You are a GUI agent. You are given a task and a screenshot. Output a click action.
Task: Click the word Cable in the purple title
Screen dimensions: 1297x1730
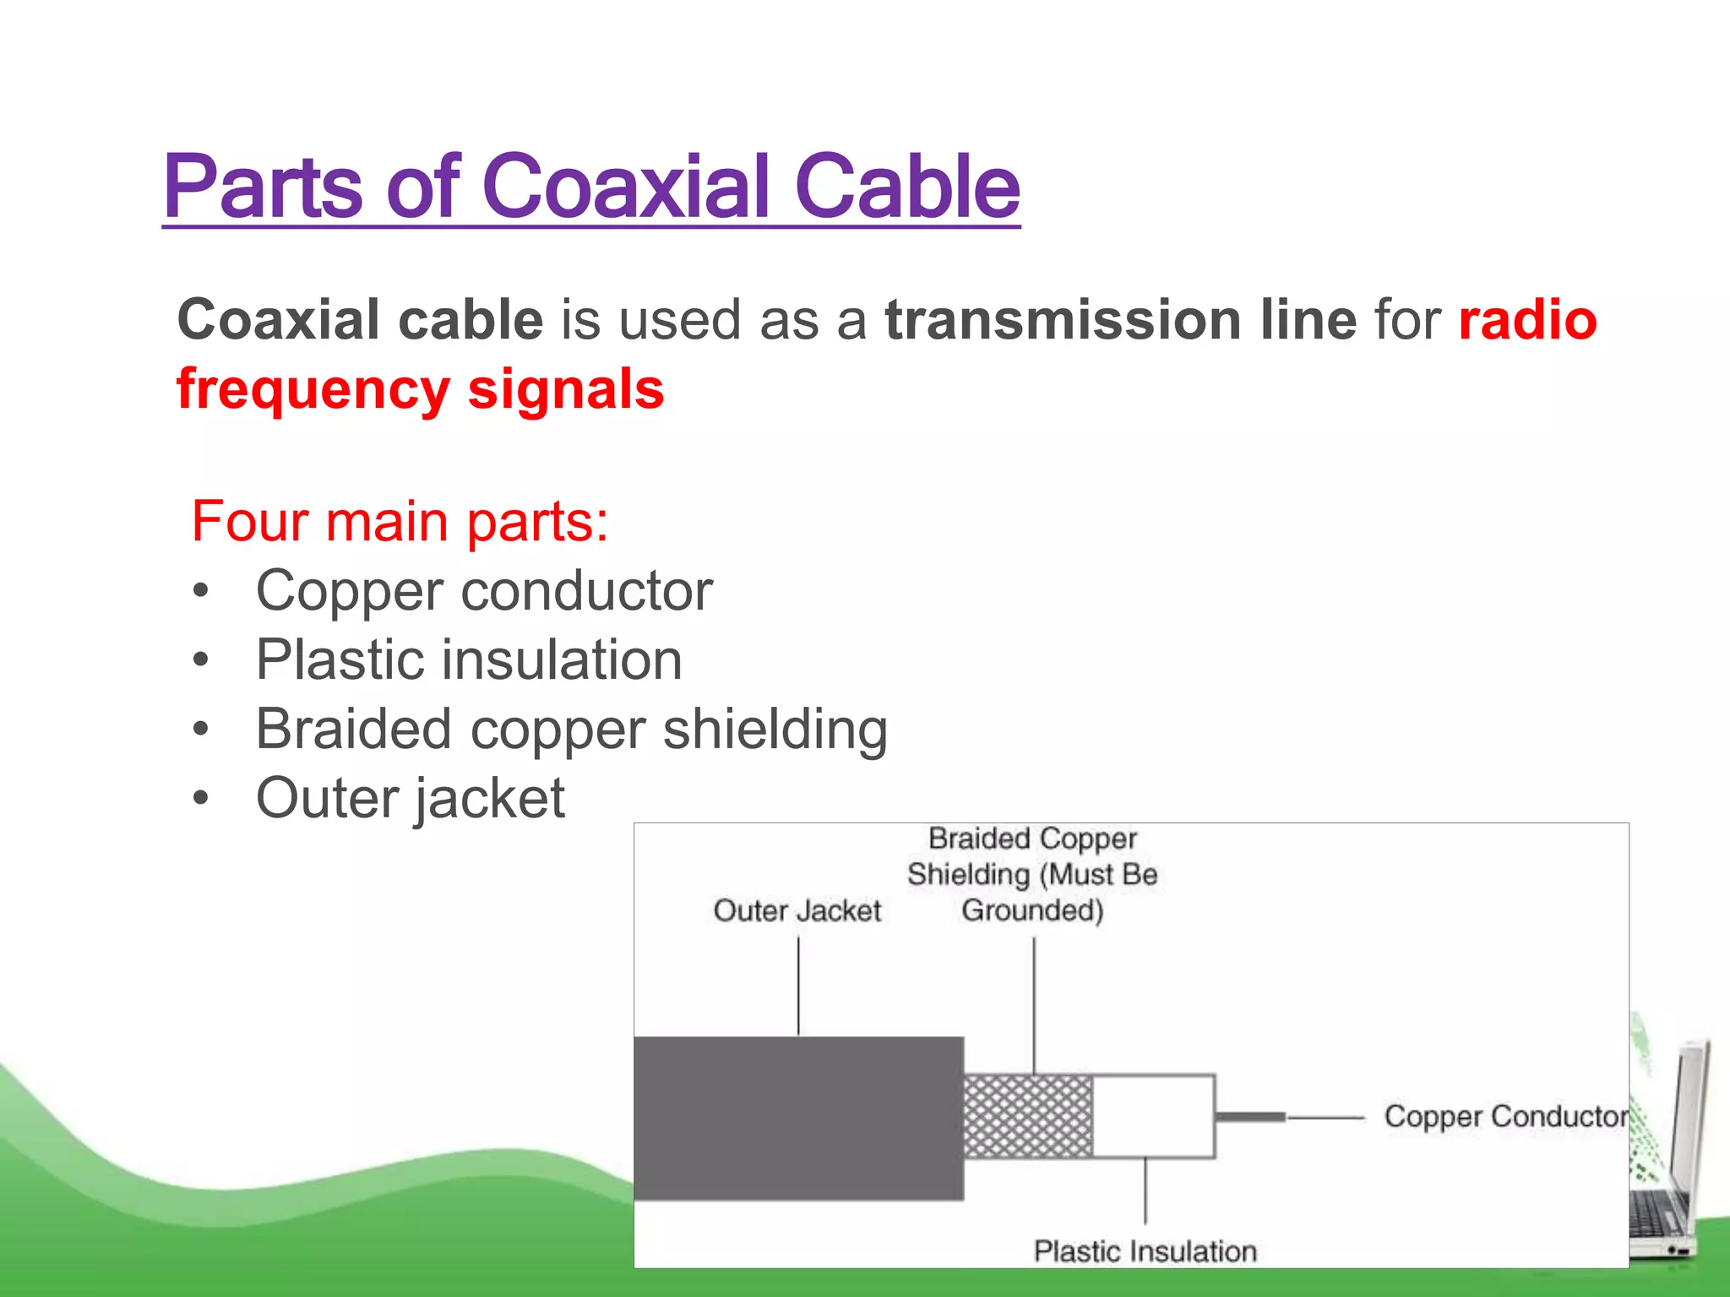907,187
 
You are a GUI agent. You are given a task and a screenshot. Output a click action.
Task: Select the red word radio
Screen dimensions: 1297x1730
1527,321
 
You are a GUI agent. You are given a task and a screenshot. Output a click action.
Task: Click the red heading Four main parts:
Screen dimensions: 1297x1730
400,522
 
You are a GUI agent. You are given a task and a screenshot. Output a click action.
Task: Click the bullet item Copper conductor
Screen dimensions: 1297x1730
484,591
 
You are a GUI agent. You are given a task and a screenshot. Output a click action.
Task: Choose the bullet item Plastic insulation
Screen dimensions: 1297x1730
469,660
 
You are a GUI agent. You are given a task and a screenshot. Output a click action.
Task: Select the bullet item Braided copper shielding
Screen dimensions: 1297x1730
571,730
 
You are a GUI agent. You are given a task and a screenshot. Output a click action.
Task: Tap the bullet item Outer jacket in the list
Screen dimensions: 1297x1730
411,799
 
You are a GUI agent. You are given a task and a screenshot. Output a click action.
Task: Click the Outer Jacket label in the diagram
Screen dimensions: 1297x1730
797,911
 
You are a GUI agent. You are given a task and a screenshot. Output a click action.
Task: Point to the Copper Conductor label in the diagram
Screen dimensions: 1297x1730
1505,1117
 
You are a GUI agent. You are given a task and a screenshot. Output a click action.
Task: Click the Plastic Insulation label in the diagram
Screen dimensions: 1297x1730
1145,1251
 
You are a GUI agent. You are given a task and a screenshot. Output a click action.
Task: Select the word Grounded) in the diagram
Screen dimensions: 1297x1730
1032,911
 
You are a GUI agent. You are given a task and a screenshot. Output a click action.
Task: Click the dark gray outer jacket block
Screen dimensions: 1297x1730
798,1118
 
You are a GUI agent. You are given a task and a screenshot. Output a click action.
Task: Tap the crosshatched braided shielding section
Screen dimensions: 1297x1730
1028,1116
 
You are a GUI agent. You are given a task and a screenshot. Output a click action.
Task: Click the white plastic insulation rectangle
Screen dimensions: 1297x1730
1154,1116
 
